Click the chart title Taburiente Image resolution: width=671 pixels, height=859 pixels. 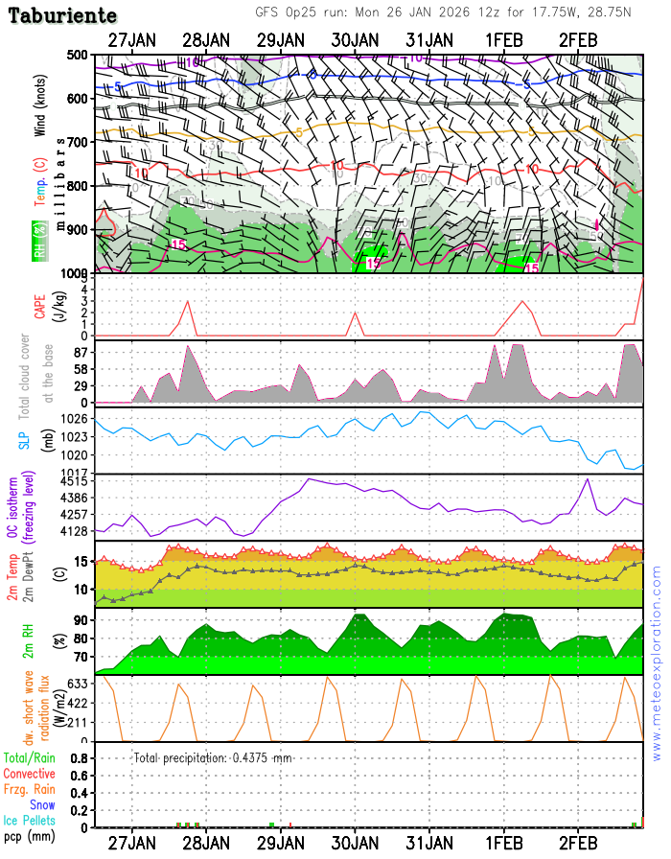pos(64,16)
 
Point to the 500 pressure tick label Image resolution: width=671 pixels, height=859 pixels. pos(77,55)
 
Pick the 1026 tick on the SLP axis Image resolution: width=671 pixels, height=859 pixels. pos(77,419)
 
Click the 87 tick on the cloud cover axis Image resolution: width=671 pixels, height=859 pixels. pos(80,354)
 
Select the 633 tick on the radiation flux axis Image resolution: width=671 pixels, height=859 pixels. pos(79,684)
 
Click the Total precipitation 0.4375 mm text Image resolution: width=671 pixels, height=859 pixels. pos(213,757)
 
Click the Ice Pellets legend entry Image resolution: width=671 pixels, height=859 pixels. pos(29,821)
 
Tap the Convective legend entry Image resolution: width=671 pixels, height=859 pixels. pos(29,773)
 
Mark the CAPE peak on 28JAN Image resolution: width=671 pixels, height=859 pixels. pos(188,302)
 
